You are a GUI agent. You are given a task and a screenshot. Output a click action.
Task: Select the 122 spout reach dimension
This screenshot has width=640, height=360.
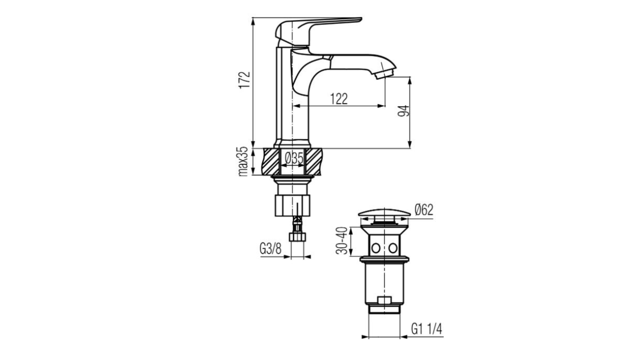tap(339, 99)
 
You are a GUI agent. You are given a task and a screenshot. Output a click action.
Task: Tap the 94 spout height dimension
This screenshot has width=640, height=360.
tap(404, 111)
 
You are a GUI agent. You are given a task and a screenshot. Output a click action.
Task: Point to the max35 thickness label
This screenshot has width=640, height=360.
tap(243, 161)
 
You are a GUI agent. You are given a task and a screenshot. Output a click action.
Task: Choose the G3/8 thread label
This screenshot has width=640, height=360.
tap(270, 249)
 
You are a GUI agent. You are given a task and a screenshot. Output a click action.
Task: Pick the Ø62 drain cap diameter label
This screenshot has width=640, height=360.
tap(424, 210)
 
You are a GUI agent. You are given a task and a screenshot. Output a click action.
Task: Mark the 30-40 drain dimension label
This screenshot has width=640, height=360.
tap(342, 240)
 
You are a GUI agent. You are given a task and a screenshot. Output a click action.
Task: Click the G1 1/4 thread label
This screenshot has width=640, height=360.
tap(426, 329)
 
